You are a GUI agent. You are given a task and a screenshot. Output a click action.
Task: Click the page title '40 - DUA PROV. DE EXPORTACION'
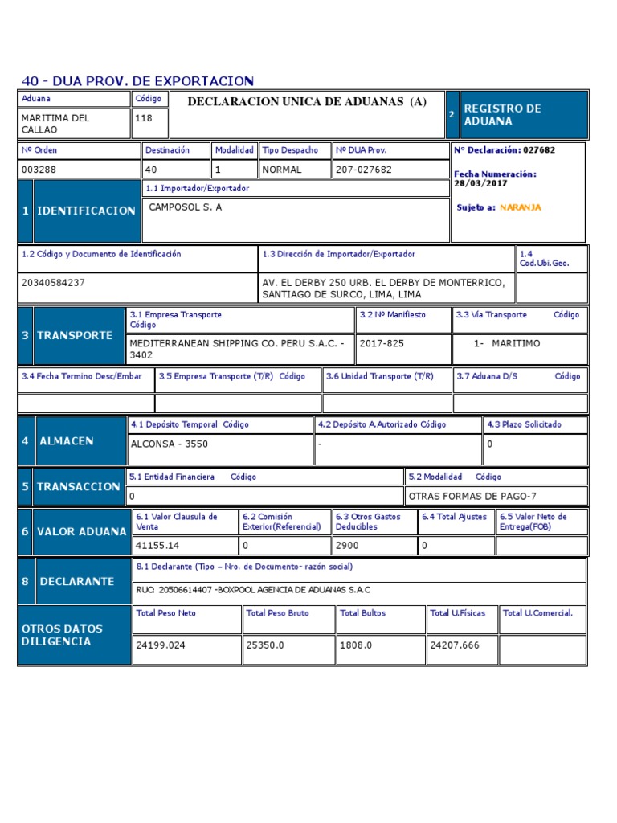[x=137, y=81]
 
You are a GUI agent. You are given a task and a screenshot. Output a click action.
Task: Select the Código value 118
[x=144, y=118]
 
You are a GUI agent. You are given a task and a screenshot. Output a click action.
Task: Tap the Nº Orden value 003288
[x=39, y=170]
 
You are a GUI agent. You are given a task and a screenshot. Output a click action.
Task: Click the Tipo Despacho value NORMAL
[x=282, y=170]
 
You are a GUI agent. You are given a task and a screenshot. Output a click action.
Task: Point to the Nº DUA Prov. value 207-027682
[x=364, y=170]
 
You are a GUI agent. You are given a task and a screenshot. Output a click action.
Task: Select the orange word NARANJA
[x=521, y=207]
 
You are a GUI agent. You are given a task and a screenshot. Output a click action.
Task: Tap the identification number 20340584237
[x=53, y=282]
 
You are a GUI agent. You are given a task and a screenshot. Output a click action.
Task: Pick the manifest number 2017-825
[x=382, y=343]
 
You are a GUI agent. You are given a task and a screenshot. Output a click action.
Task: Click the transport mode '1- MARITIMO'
[x=508, y=343]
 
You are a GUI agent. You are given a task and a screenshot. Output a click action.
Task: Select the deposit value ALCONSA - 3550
[x=168, y=443]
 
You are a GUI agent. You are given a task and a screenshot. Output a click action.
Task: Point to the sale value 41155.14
[x=158, y=546]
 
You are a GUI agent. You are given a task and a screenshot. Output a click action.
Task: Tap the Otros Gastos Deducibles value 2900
[x=347, y=546]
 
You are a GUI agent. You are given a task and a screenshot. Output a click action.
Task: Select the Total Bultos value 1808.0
[x=357, y=645]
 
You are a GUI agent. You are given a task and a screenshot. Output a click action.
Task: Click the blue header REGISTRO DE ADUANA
[x=502, y=114]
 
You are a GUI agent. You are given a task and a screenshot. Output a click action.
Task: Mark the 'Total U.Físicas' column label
[x=458, y=613]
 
